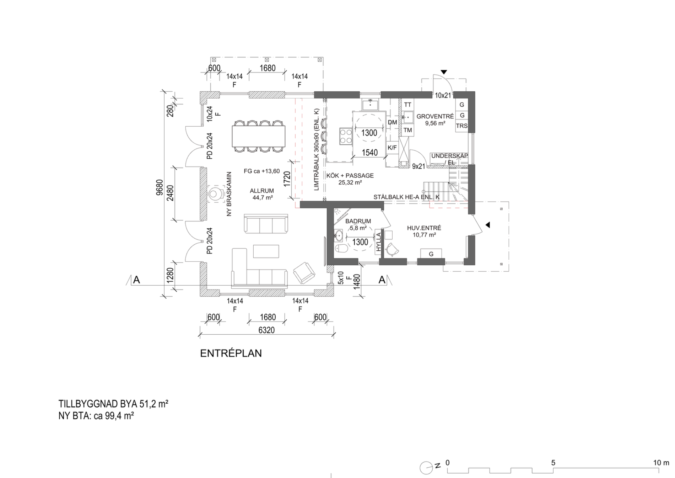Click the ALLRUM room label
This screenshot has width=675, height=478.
pos(262,191)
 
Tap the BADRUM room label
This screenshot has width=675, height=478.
pos(358,221)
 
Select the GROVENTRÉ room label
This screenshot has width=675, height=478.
pos(435,116)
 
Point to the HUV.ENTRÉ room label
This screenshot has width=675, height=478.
pos(424,228)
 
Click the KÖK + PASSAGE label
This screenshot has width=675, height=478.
pos(350,176)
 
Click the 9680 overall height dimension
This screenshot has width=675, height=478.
pos(160,187)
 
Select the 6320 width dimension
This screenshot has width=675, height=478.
pos(266,330)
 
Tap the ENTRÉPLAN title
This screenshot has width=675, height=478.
pos(231,353)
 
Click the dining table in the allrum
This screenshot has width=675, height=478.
pos(259,136)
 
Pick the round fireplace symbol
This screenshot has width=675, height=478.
pos(214,195)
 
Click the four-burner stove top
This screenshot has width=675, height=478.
pos(345,137)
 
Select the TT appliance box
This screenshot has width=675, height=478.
pos(407,105)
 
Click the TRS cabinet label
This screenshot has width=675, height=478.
pos(462,126)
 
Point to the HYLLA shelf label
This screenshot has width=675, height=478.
pos(379,242)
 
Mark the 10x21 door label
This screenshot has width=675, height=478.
pos(443,95)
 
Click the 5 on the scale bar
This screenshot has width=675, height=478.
pos(553,463)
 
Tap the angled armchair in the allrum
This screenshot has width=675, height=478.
pos(304,273)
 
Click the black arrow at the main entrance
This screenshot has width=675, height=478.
pos(488,225)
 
